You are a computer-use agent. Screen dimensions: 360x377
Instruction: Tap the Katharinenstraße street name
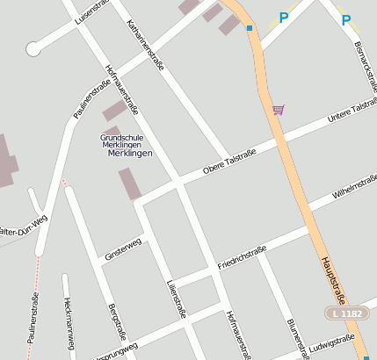(146, 49)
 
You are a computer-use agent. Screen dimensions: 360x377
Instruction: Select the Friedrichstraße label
(242, 257)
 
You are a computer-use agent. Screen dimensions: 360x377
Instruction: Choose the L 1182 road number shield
(348, 313)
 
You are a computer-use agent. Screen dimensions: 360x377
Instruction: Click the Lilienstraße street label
(176, 298)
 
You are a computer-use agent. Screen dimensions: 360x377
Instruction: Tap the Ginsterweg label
(122, 248)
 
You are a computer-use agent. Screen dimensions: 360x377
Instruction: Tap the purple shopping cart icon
(278, 110)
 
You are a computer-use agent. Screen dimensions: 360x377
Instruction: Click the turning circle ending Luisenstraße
(33, 49)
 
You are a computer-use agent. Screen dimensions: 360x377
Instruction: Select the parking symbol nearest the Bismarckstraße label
(346, 19)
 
